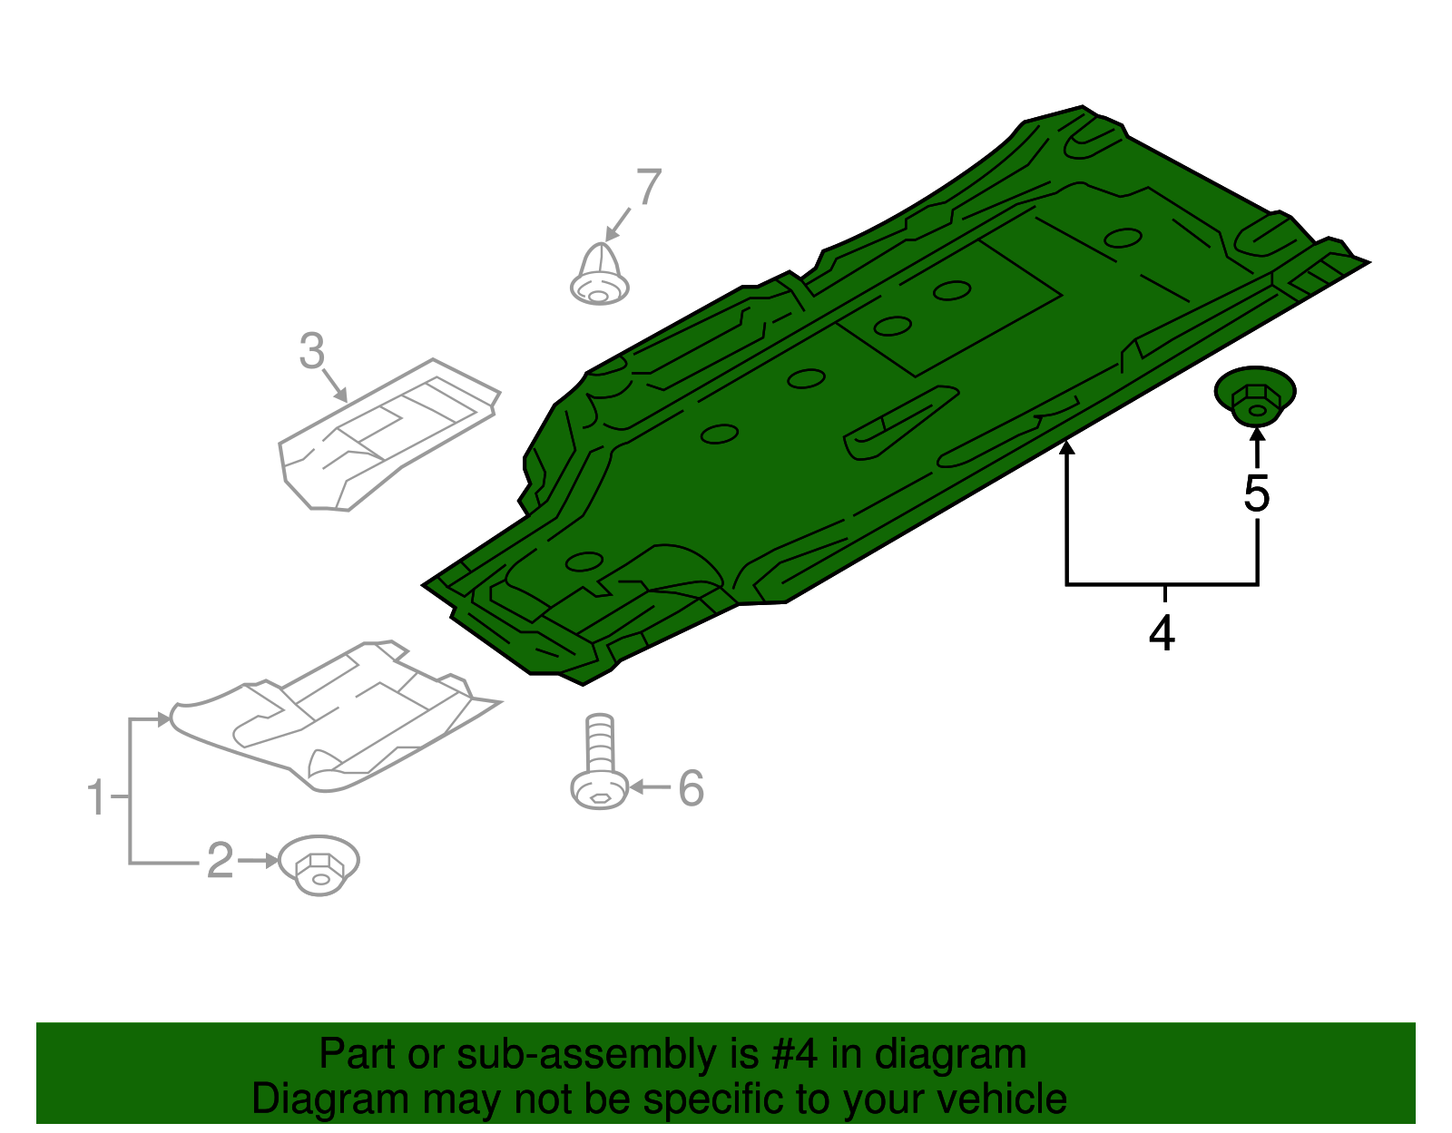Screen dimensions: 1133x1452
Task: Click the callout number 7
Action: (x=649, y=188)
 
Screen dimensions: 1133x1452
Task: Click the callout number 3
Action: (x=311, y=351)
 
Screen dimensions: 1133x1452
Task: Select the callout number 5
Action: (x=1257, y=494)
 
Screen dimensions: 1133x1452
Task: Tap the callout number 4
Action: (x=1163, y=633)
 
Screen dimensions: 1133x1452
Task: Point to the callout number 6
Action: (x=692, y=788)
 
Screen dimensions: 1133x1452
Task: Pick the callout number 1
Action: (x=96, y=797)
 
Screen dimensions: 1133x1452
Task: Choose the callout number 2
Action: (x=221, y=860)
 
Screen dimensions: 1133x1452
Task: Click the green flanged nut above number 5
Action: (x=1255, y=396)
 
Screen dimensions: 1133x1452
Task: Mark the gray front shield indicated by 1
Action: (x=336, y=717)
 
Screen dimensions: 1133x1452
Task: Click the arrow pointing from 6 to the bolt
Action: (x=649, y=787)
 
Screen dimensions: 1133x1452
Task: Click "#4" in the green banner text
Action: (x=795, y=1055)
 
